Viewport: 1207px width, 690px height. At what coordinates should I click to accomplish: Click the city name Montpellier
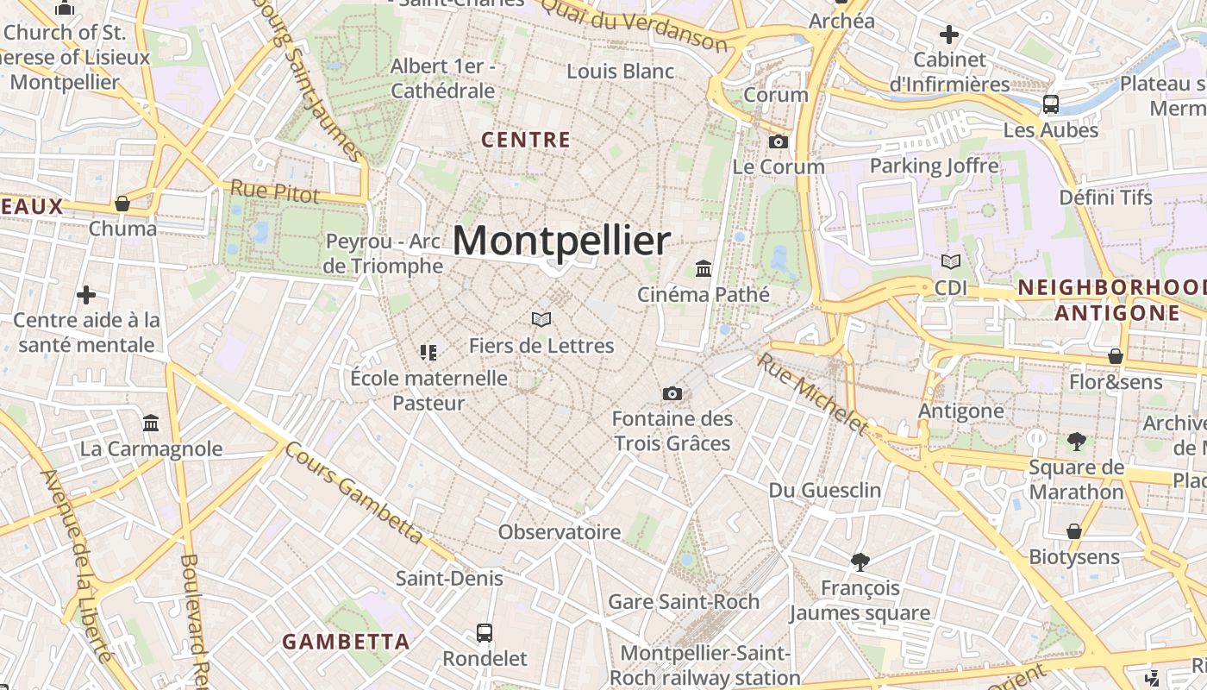point(561,241)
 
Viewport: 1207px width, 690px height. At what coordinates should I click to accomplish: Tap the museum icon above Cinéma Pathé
point(704,268)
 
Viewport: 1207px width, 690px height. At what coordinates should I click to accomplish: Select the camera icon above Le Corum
point(779,141)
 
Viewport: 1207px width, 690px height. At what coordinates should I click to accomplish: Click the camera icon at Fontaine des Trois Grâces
point(672,393)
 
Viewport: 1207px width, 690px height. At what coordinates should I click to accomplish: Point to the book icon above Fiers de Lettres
point(541,320)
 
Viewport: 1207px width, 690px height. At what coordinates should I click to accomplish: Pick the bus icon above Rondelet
point(485,633)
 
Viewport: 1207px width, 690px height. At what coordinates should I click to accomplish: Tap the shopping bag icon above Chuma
point(122,204)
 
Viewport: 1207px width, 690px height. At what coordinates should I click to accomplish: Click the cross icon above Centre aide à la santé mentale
point(86,295)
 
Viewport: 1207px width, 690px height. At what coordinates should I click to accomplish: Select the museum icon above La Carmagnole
point(152,423)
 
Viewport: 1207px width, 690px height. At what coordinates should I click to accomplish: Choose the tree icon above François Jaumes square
point(860,562)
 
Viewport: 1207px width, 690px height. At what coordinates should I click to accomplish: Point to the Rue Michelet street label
point(811,392)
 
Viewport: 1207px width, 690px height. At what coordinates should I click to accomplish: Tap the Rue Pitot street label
point(274,191)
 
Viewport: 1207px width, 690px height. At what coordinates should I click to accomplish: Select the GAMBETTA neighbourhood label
point(346,642)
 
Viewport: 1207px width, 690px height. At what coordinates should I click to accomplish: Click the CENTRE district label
point(526,140)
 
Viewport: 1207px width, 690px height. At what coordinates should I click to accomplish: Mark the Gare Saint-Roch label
point(684,601)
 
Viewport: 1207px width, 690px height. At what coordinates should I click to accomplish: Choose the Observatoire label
point(560,532)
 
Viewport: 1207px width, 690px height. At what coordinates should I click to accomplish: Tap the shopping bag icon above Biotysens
point(1074,531)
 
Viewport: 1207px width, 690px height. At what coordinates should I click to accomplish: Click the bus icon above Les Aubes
point(1051,104)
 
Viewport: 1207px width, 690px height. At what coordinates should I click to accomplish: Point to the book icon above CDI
point(951,261)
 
